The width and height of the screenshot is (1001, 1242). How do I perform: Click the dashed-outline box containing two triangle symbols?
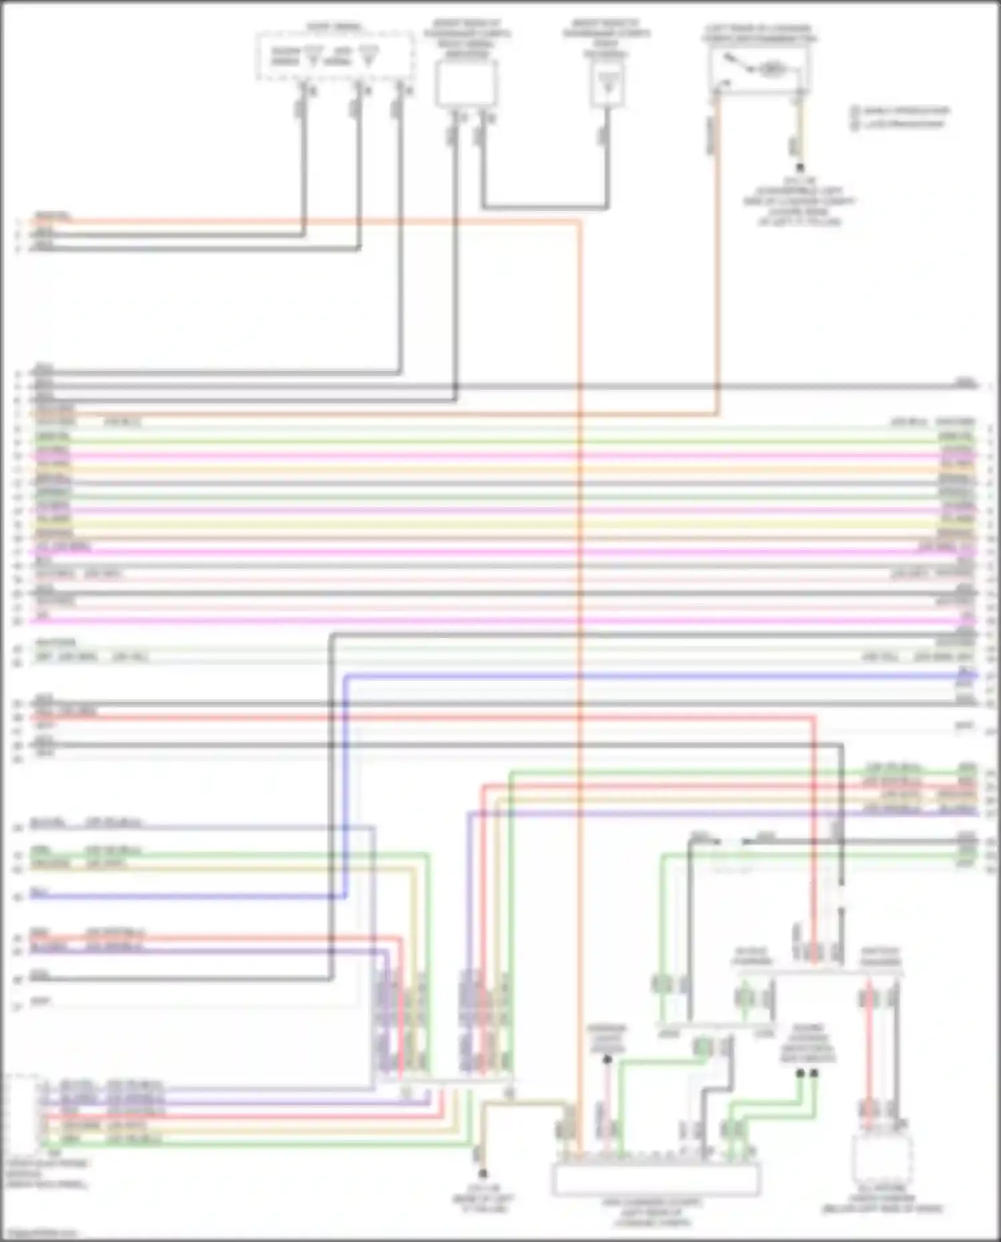tap(334, 55)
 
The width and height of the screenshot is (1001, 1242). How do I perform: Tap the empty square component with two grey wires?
tap(466, 83)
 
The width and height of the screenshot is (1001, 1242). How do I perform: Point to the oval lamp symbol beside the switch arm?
tap(772, 68)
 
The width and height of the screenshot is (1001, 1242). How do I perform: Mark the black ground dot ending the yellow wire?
tap(799, 168)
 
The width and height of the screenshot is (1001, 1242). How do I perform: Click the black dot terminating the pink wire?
tap(607, 1059)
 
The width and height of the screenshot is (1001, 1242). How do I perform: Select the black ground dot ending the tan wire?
tap(482, 1173)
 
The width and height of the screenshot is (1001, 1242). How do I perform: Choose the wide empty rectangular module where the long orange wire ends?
tap(655, 1179)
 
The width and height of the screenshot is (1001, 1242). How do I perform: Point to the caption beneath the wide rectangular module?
tap(653, 1212)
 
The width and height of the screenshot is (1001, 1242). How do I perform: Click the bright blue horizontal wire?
tap(654, 676)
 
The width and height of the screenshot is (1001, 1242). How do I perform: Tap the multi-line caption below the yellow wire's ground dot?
tap(799, 201)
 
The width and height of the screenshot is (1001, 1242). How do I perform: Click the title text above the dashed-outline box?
tap(334, 27)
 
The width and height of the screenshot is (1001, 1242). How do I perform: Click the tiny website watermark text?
tap(40, 1234)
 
